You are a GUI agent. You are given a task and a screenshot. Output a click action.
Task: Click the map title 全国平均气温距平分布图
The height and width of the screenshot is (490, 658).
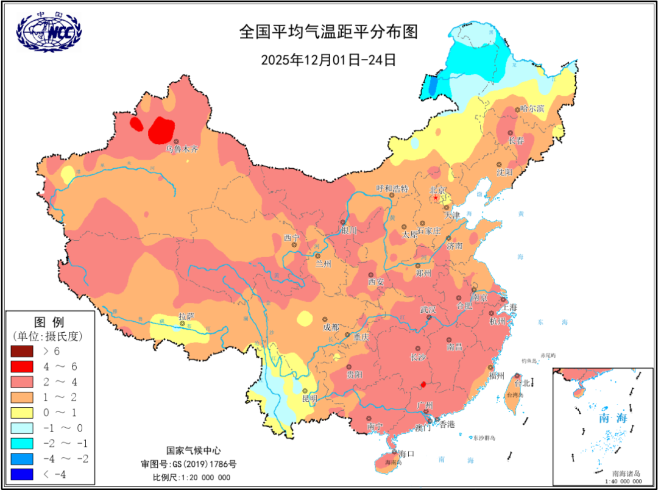coord(328,32)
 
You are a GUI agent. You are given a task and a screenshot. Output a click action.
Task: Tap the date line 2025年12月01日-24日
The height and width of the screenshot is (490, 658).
coord(328,60)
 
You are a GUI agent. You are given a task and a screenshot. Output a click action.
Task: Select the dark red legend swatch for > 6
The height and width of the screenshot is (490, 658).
coord(23,351)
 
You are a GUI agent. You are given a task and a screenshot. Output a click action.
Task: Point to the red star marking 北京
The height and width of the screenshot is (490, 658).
coord(436,197)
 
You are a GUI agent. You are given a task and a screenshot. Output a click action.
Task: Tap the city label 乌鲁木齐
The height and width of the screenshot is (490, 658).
coord(182,148)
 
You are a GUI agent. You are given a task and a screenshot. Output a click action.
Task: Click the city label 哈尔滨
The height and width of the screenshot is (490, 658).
coord(532,108)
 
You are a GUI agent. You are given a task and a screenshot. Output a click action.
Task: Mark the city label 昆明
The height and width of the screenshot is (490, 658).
coord(310,399)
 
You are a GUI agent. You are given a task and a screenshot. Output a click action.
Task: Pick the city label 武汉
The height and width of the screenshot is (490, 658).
coord(428,310)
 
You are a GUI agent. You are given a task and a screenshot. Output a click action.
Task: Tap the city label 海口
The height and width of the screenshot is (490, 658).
coord(406,454)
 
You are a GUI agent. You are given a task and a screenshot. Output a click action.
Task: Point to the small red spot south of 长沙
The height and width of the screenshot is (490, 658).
coord(423,385)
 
